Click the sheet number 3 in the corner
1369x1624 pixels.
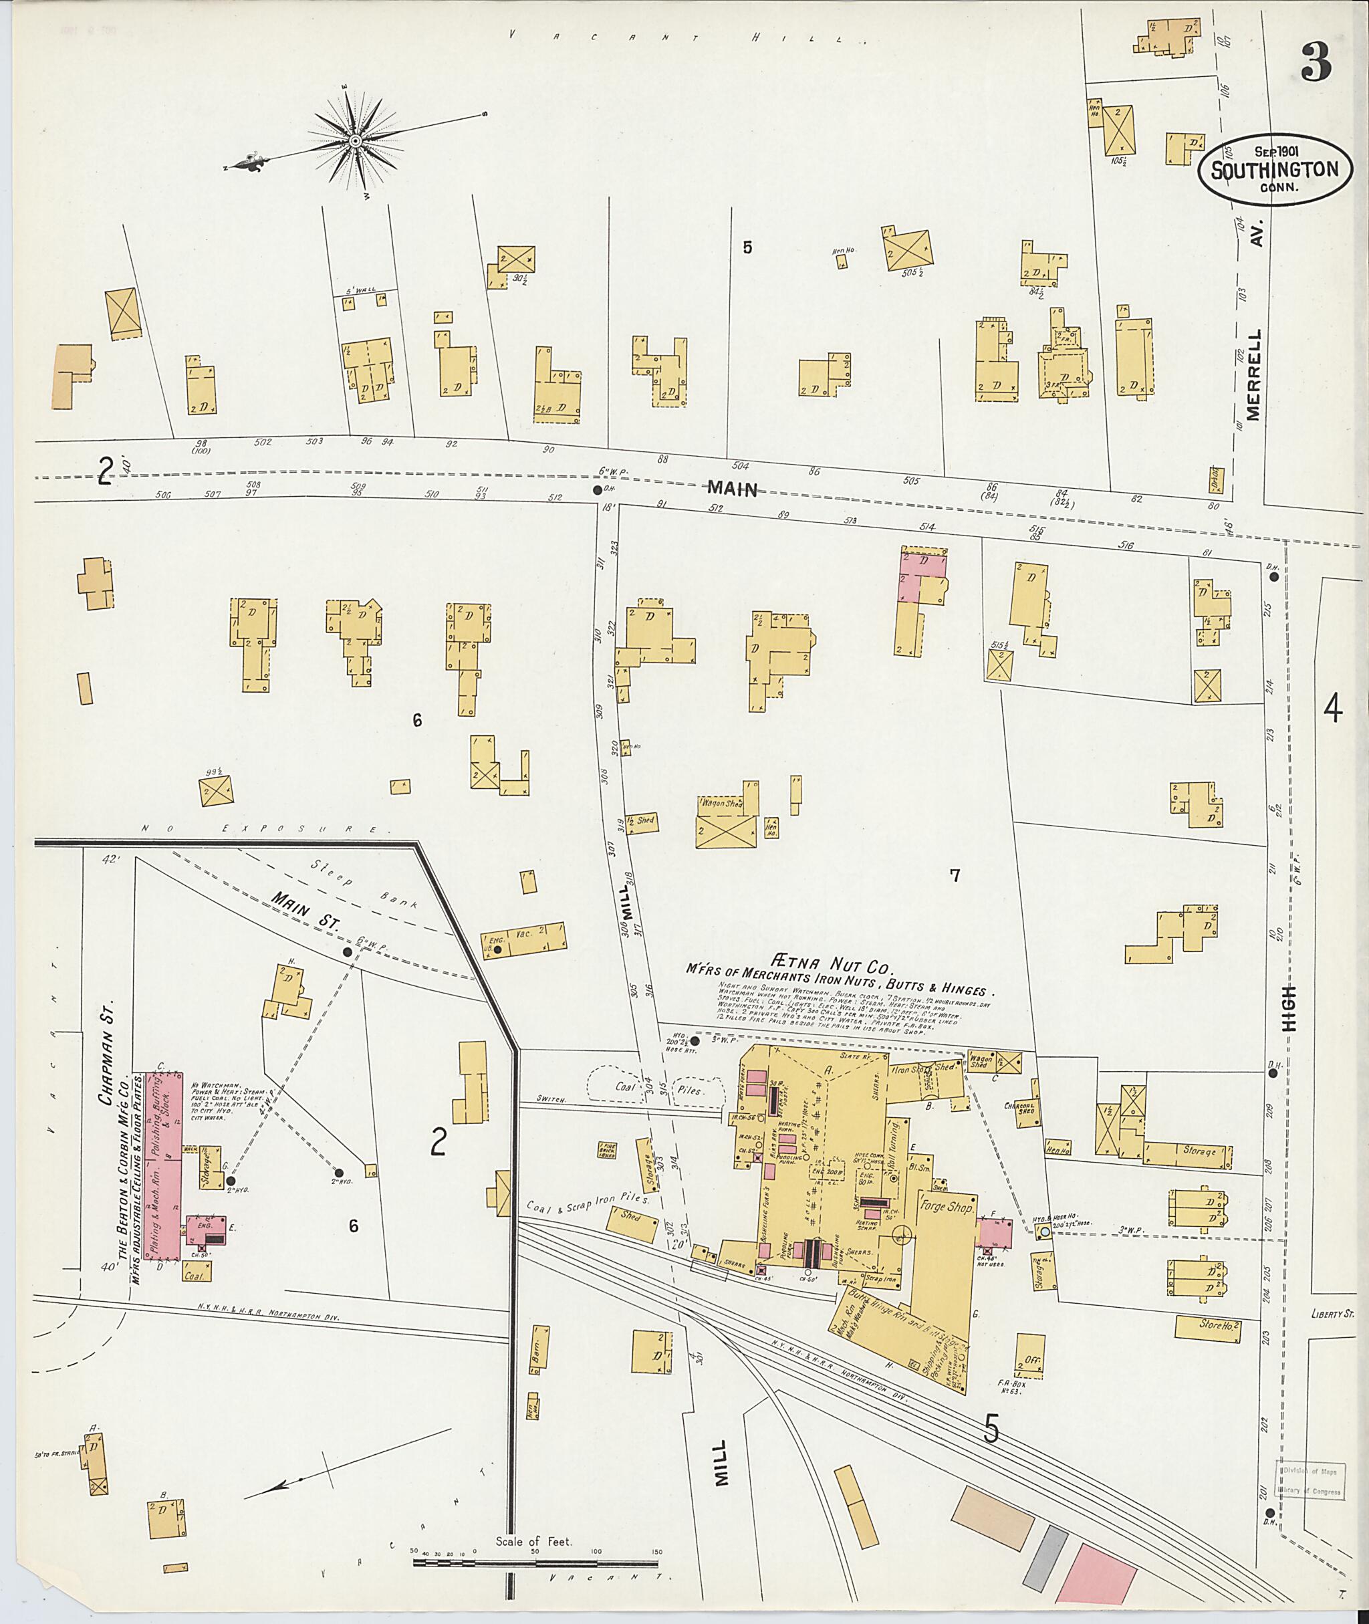pyautogui.click(x=1316, y=63)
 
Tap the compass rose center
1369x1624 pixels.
pyautogui.click(x=356, y=141)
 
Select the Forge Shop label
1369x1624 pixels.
pyautogui.click(x=947, y=1206)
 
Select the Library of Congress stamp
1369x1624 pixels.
pyautogui.click(x=1312, y=1480)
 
